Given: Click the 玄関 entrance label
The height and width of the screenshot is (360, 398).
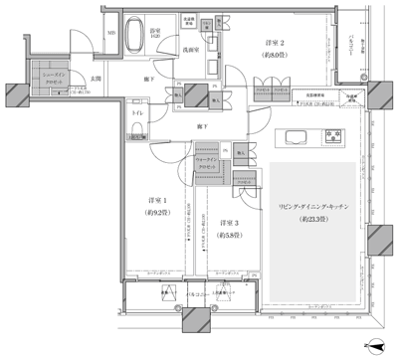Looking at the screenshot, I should [97, 77].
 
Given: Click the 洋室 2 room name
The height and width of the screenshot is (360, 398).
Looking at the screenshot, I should [277, 43].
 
